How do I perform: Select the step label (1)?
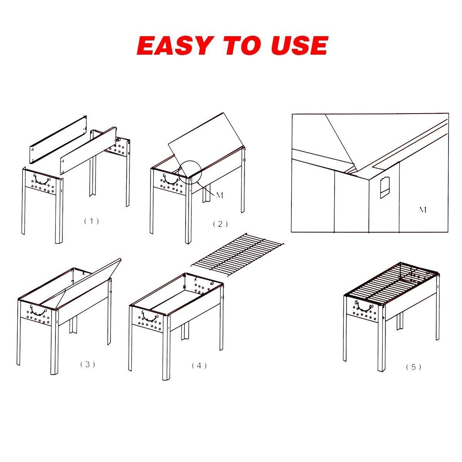click(x=91, y=221)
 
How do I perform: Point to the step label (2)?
click(x=220, y=224)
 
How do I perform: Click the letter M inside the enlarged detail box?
click(x=423, y=210)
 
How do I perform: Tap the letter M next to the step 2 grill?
click(x=219, y=196)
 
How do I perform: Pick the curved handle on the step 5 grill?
click(x=363, y=306)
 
